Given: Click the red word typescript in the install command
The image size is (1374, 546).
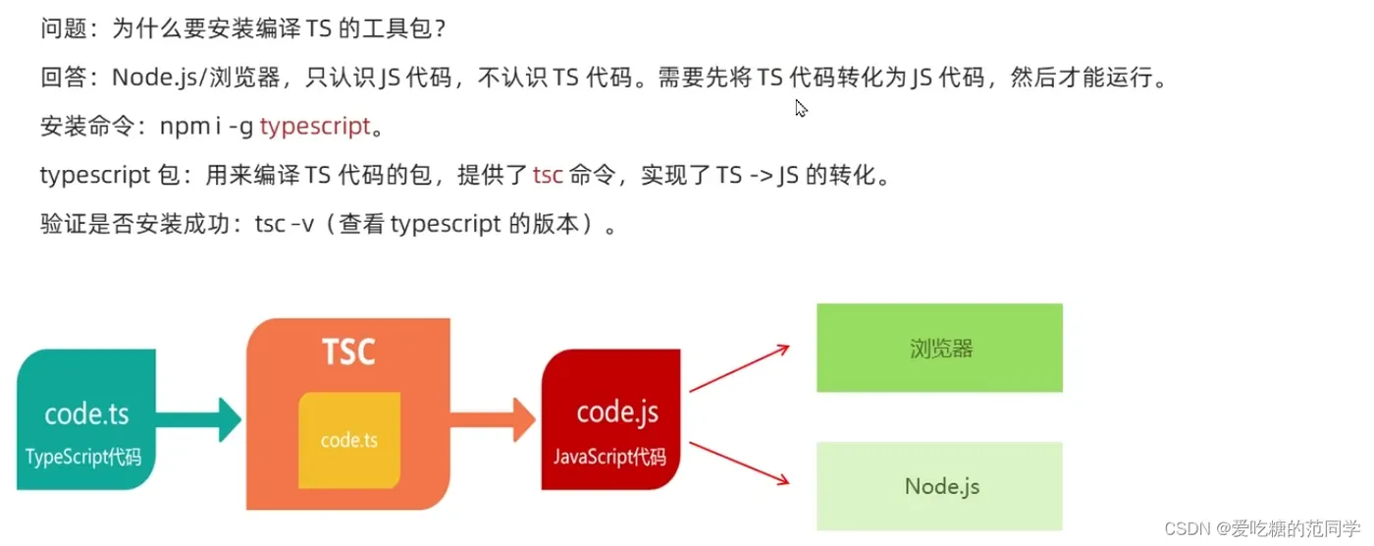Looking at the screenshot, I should (315, 126).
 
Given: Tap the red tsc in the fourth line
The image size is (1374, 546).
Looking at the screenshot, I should (548, 176).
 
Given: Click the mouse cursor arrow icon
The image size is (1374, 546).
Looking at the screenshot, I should (801, 108).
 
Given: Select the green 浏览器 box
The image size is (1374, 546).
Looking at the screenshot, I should (939, 348).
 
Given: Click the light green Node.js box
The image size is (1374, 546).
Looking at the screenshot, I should (939, 486).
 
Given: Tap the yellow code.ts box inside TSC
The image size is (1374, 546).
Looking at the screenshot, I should (348, 440).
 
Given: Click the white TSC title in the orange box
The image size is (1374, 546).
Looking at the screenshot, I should (348, 351).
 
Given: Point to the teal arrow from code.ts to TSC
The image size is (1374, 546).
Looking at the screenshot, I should (198, 419).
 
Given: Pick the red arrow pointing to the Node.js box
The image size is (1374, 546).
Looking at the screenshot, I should (741, 462).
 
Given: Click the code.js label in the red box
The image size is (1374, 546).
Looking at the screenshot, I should (617, 411).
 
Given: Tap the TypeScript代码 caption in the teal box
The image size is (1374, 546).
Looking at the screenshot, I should (84, 457).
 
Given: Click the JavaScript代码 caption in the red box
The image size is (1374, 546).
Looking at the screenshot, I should (609, 457).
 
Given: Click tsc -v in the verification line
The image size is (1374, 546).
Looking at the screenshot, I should (285, 225).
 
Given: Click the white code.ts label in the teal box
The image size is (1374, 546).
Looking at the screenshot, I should (86, 413).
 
